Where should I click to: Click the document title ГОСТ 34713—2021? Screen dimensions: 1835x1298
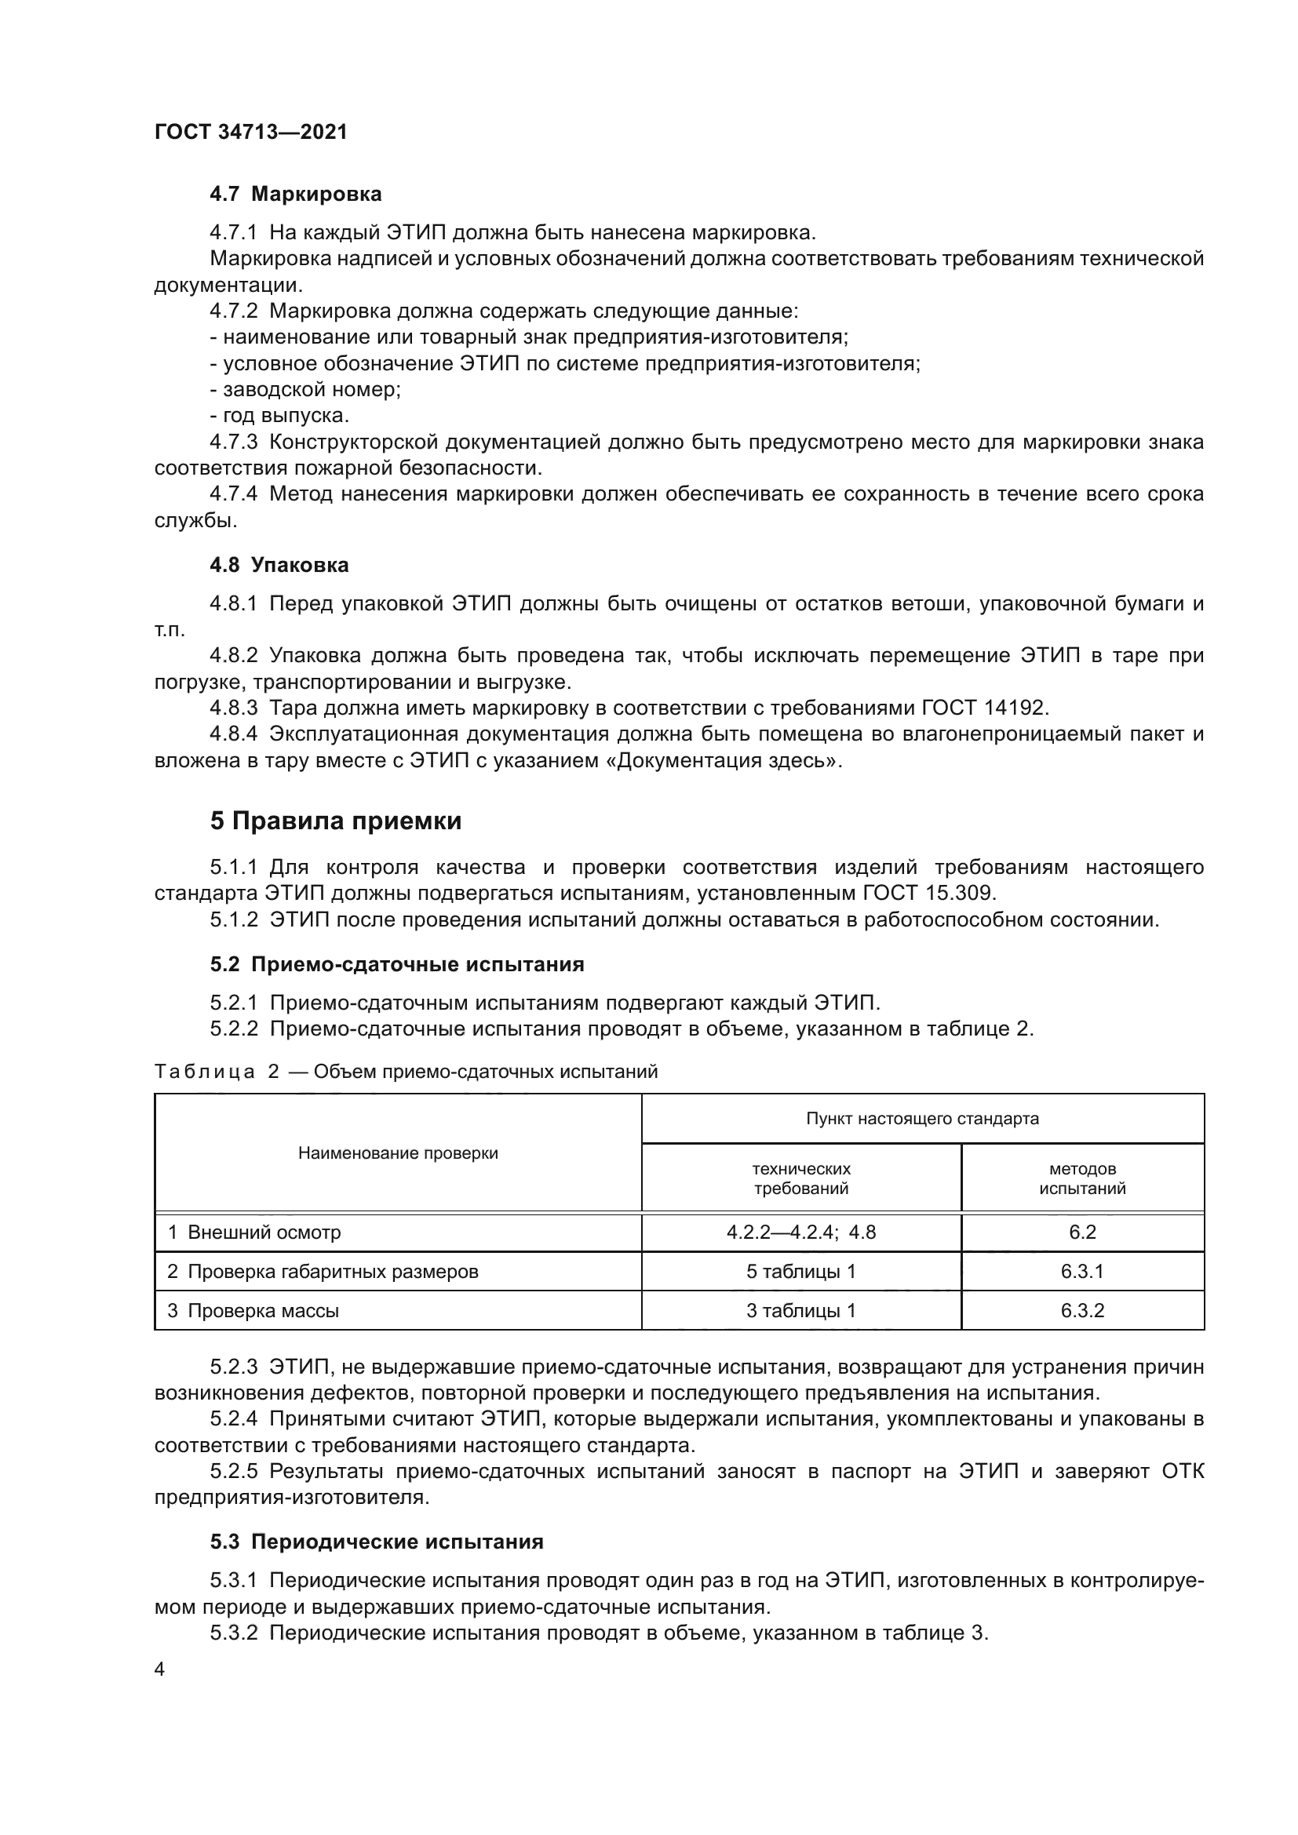[250, 132]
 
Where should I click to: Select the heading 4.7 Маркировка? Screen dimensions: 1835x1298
[295, 195]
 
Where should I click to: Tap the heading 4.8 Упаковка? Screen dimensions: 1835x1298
[279, 565]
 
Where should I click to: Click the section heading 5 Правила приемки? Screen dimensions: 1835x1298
[336, 821]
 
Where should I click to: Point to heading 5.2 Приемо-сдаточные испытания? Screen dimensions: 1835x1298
[397, 964]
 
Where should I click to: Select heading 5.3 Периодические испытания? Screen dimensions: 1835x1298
[377, 1542]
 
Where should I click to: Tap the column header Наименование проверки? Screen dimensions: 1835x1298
[398, 1153]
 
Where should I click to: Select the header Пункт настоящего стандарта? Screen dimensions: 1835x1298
[922, 1118]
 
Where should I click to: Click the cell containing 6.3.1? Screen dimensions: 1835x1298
[1082, 1272]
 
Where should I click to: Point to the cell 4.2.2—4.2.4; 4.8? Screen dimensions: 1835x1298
[801, 1232]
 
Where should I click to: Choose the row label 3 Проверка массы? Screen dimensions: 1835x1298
[253, 1311]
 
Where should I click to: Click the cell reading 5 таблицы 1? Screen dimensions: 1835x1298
[801, 1272]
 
